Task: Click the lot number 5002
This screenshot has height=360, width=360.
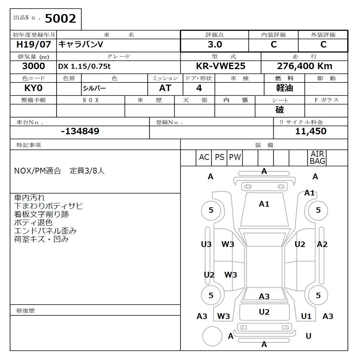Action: point(60,18)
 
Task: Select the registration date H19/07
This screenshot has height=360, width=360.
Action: point(33,45)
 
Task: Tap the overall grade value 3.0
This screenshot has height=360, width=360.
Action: point(215,45)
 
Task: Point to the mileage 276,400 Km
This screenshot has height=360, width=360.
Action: point(304,66)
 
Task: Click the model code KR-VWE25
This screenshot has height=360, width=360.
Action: point(220,66)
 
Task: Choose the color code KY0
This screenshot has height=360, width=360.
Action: point(33,88)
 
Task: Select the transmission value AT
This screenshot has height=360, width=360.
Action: point(165,88)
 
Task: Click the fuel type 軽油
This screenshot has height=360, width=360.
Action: point(284,88)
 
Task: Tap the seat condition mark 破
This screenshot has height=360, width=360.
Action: point(280,110)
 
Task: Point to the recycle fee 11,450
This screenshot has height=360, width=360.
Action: point(311,131)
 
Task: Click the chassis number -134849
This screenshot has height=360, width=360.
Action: point(80,131)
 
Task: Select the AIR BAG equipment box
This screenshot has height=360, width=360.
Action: point(318,158)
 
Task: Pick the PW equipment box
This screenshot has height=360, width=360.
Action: point(235,157)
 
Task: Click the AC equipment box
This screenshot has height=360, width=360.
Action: point(204,157)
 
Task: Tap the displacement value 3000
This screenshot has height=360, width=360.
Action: point(33,66)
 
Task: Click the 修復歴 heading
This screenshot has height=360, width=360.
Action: point(26,310)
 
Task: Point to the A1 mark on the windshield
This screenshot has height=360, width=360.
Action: point(264,204)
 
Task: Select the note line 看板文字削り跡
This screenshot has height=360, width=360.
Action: point(41,214)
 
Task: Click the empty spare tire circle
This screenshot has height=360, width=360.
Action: point(212,336)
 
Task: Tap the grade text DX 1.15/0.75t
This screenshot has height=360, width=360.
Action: point(85,66)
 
